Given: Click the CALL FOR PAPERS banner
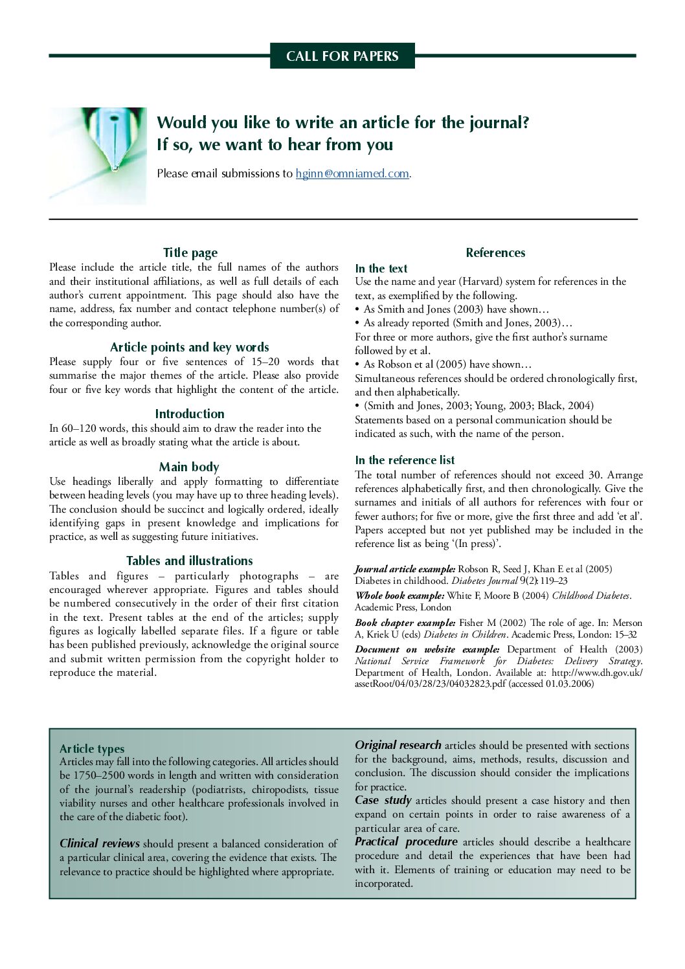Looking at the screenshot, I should [x=342, y=56].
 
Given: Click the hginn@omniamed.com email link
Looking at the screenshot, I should [x=352, y=173].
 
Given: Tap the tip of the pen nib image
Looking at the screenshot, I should [x=115, y=168].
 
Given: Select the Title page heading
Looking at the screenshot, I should [x=190, y=253].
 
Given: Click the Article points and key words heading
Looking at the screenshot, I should [x=189, y=348].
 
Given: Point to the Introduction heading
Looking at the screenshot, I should [x=189, y=414].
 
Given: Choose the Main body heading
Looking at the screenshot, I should [x=189, y=467].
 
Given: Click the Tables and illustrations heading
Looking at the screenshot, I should [x=189, y=561].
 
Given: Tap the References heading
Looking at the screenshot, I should [x=495, y=253].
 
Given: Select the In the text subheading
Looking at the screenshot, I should [x=381, y=269].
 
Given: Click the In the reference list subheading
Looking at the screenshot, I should [x=405, y=460].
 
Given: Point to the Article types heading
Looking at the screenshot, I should [x=92, y=749].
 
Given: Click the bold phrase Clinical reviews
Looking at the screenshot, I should [x=100, y=843].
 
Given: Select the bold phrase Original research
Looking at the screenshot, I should [x=398, y=745].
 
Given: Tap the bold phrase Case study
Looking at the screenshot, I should [x=383, y=800].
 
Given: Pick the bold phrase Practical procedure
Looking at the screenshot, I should [x=406, y=841].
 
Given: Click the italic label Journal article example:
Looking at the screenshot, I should [x=405, y=570].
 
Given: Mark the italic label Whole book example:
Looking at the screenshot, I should [x=399, y=596].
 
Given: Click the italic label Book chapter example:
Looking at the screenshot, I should [x=405, y=623].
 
